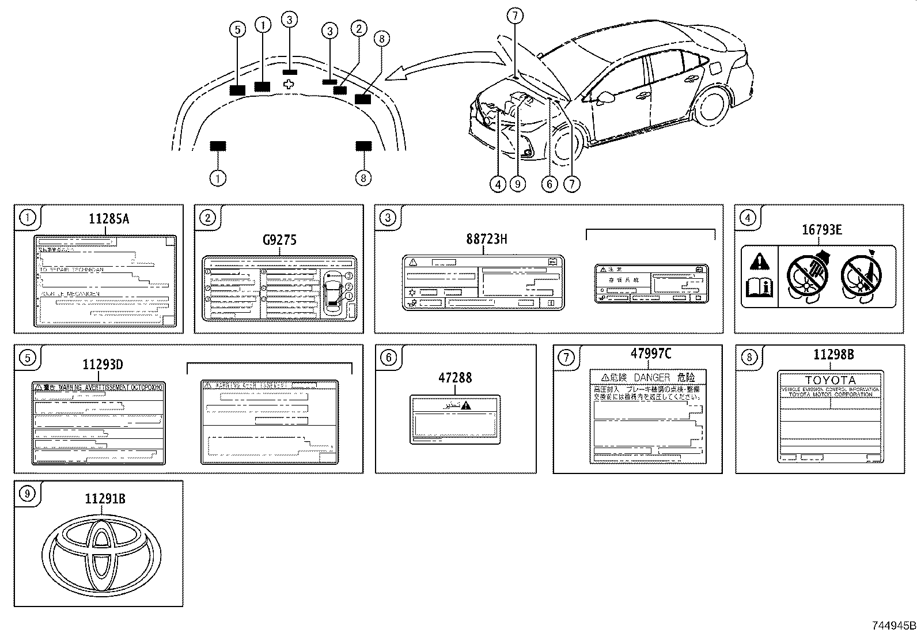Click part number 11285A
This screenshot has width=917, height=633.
[x=109, y=219]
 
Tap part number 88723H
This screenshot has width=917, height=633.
[x=487, y=238]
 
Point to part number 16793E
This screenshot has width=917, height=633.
[x=822, y=230]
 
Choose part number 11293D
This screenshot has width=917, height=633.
[x=102, y=365]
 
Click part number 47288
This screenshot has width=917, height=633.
[x=454, y=378]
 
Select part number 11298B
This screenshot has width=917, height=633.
[x=833, y=355]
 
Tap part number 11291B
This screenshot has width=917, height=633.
[x=105, y=499]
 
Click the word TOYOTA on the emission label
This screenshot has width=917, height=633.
[x=830, y=381]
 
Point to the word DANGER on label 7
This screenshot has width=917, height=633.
[x=652, y=378]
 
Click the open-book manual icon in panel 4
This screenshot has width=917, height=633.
[x=759, y=286]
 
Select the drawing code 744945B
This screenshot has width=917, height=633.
[x=892, y=626]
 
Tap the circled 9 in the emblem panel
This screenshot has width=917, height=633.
[x=27, y=493]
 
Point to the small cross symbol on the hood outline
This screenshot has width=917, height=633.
[x=290, y=84]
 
